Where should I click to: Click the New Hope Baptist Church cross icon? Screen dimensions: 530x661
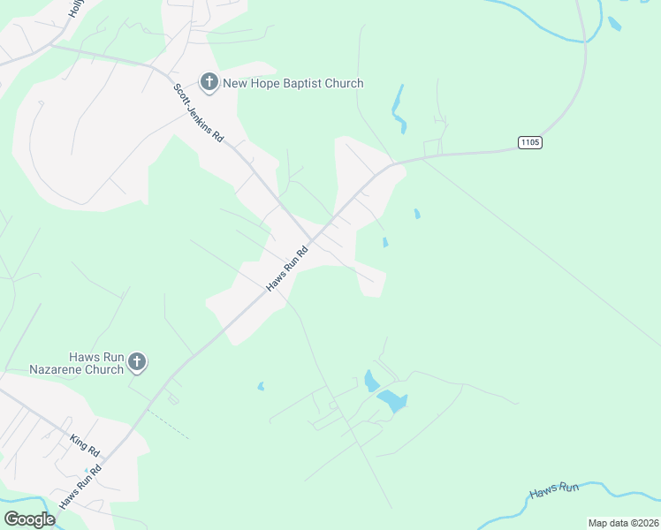(x=209, y=84)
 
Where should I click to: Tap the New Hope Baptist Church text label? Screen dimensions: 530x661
(x=293, y=84)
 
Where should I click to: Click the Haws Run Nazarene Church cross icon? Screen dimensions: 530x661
(x=136, y=361)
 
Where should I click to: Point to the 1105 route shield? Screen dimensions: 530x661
(x=529, y=142)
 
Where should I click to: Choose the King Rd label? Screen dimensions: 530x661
(x=86, y=445)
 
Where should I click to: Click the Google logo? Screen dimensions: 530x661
(x=29, y=519)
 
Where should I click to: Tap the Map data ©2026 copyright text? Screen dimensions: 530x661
(x=623, y=523)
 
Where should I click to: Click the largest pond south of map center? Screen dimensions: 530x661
(x=392, y=402)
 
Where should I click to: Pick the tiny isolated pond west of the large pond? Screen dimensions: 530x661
(x=260, y=386)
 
